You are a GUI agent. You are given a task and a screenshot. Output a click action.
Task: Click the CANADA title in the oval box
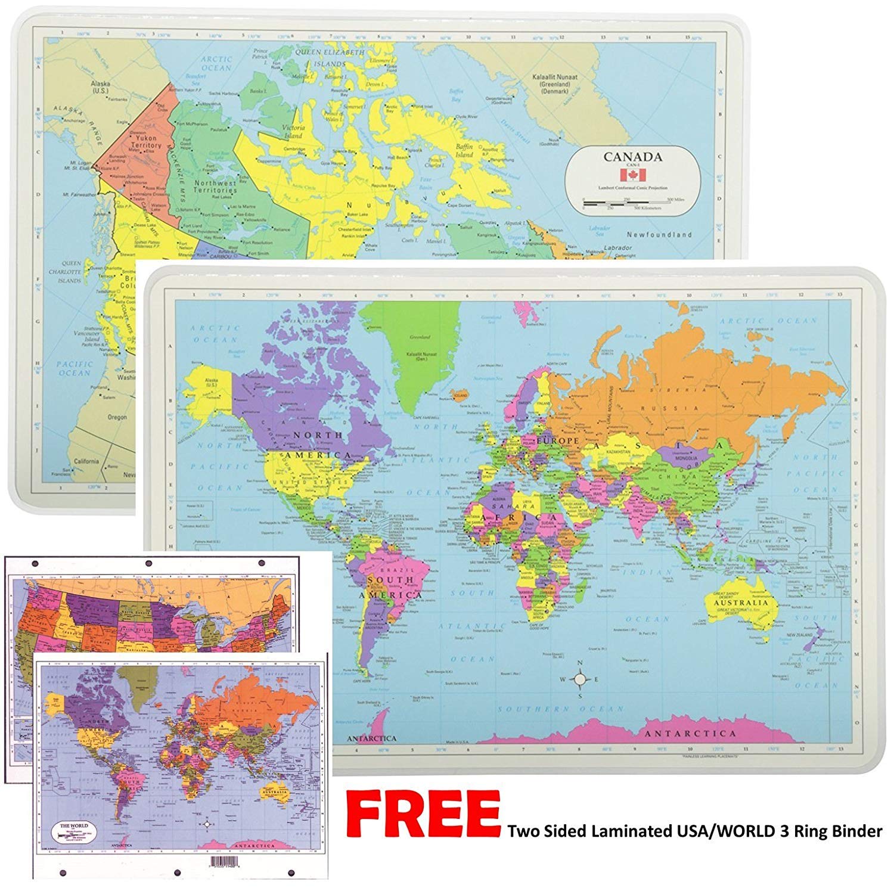tap(632, 157)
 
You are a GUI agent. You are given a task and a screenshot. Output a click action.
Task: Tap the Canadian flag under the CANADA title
tap(632, 175)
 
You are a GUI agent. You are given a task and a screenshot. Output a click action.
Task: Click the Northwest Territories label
tap(215, 187)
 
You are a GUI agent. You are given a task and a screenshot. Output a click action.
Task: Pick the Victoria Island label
tap(294, 132)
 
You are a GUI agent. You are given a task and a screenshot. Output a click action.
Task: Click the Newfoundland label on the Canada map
tap(659, 235)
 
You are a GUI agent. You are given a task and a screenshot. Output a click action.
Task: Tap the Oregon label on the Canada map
tap(117, 417)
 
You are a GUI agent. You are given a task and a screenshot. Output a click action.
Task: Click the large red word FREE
tap(423, 814)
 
